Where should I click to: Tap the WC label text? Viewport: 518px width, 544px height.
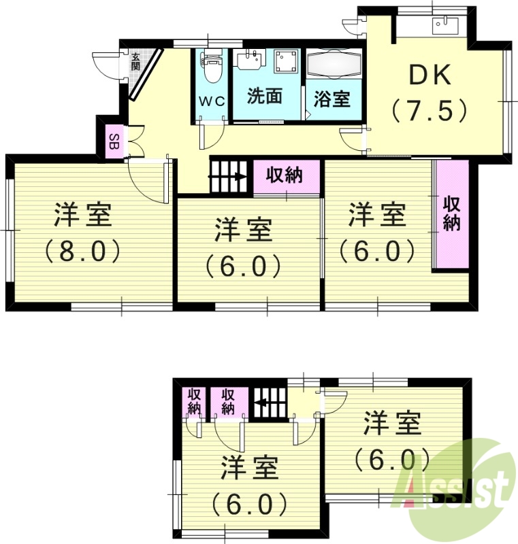click(x=211, y=101)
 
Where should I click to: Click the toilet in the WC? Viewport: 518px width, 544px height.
click(x=212, y=67)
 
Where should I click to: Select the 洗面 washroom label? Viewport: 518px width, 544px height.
click(x=264, y=96)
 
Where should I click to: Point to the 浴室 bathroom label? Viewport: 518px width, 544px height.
click(x=332, y=99)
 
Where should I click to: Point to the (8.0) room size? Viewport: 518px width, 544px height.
click(x=82, y=251)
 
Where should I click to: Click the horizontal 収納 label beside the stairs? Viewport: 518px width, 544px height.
click(x=284, y=175)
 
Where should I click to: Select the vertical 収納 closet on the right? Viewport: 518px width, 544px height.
click(x=452, y=214)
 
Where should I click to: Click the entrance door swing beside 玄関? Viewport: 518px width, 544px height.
click(x=106, y=65)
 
